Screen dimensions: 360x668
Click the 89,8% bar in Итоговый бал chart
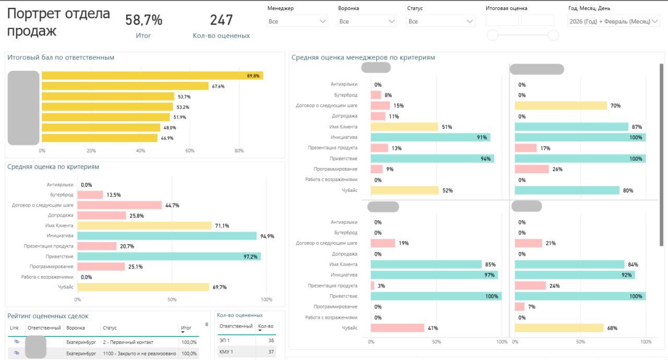click(152, 76)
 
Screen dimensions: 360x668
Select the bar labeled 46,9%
click(100, 138)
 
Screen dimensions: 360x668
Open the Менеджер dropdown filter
click(297, 21)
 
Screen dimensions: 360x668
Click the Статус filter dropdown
click(441, 21)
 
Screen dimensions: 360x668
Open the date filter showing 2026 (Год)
click(613, 21)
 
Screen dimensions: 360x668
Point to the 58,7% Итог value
click(144, 20)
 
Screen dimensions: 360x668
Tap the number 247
click(221, 20)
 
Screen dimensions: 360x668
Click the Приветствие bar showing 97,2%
click(169, 256)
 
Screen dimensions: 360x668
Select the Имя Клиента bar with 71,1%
click(145, 225)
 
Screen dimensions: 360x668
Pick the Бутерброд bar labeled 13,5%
click(90, 195)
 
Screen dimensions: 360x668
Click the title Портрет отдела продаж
click(58, 22)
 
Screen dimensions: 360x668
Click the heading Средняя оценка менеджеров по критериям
click(363, 57)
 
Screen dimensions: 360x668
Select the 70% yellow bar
click(561, 106)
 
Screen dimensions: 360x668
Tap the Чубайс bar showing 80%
click(567, 190)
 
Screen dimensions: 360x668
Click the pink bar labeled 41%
click(397, 328)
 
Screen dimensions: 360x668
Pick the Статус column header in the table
click(110, 328)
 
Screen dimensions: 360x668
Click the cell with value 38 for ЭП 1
click(270, 340)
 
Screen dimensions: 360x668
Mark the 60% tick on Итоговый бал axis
click(190, 151)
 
